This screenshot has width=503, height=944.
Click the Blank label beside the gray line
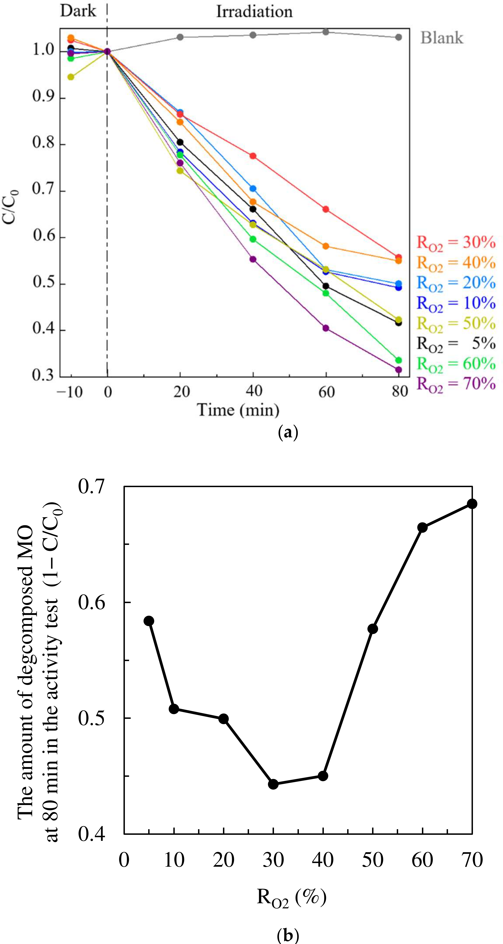point(441,38)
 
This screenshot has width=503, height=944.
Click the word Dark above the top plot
point(78,11)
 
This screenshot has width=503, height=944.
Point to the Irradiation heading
point(254,11)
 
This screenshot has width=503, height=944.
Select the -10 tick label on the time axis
point(69,392)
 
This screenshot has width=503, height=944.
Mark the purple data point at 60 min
point(325,328)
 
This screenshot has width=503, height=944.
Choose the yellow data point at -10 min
point(71,77)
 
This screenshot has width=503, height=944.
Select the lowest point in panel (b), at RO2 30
point(273,784)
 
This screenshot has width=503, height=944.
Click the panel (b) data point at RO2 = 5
point(149,621)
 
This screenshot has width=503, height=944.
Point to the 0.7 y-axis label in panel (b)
point(92,487)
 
